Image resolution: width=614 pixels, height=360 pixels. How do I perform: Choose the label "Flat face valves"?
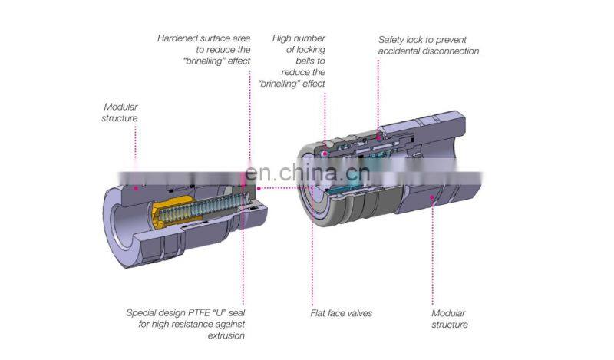point(342,313)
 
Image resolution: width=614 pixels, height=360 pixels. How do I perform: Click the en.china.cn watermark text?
point(310,173)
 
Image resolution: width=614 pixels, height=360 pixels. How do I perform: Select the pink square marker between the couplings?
point(258,187)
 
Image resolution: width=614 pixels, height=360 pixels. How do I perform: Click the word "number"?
point(309,38)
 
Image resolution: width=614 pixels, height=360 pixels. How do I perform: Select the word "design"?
point(177,313)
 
